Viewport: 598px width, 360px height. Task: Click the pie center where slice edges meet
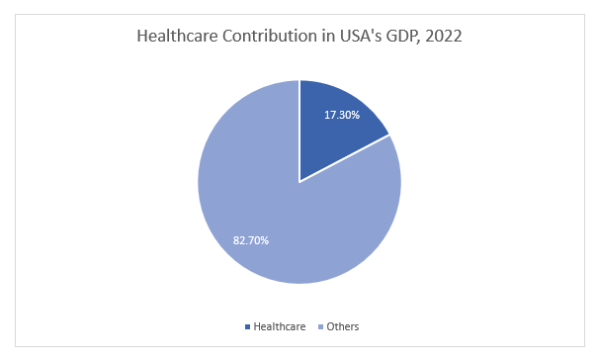pos(299,182)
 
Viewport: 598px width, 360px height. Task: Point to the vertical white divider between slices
pos(299,129)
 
